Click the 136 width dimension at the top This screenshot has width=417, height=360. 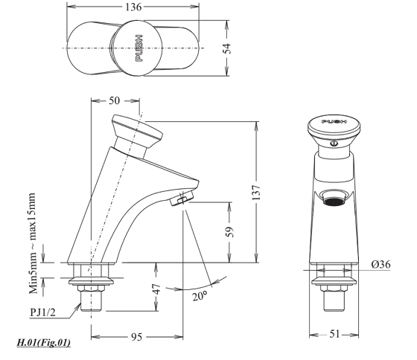135,7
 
